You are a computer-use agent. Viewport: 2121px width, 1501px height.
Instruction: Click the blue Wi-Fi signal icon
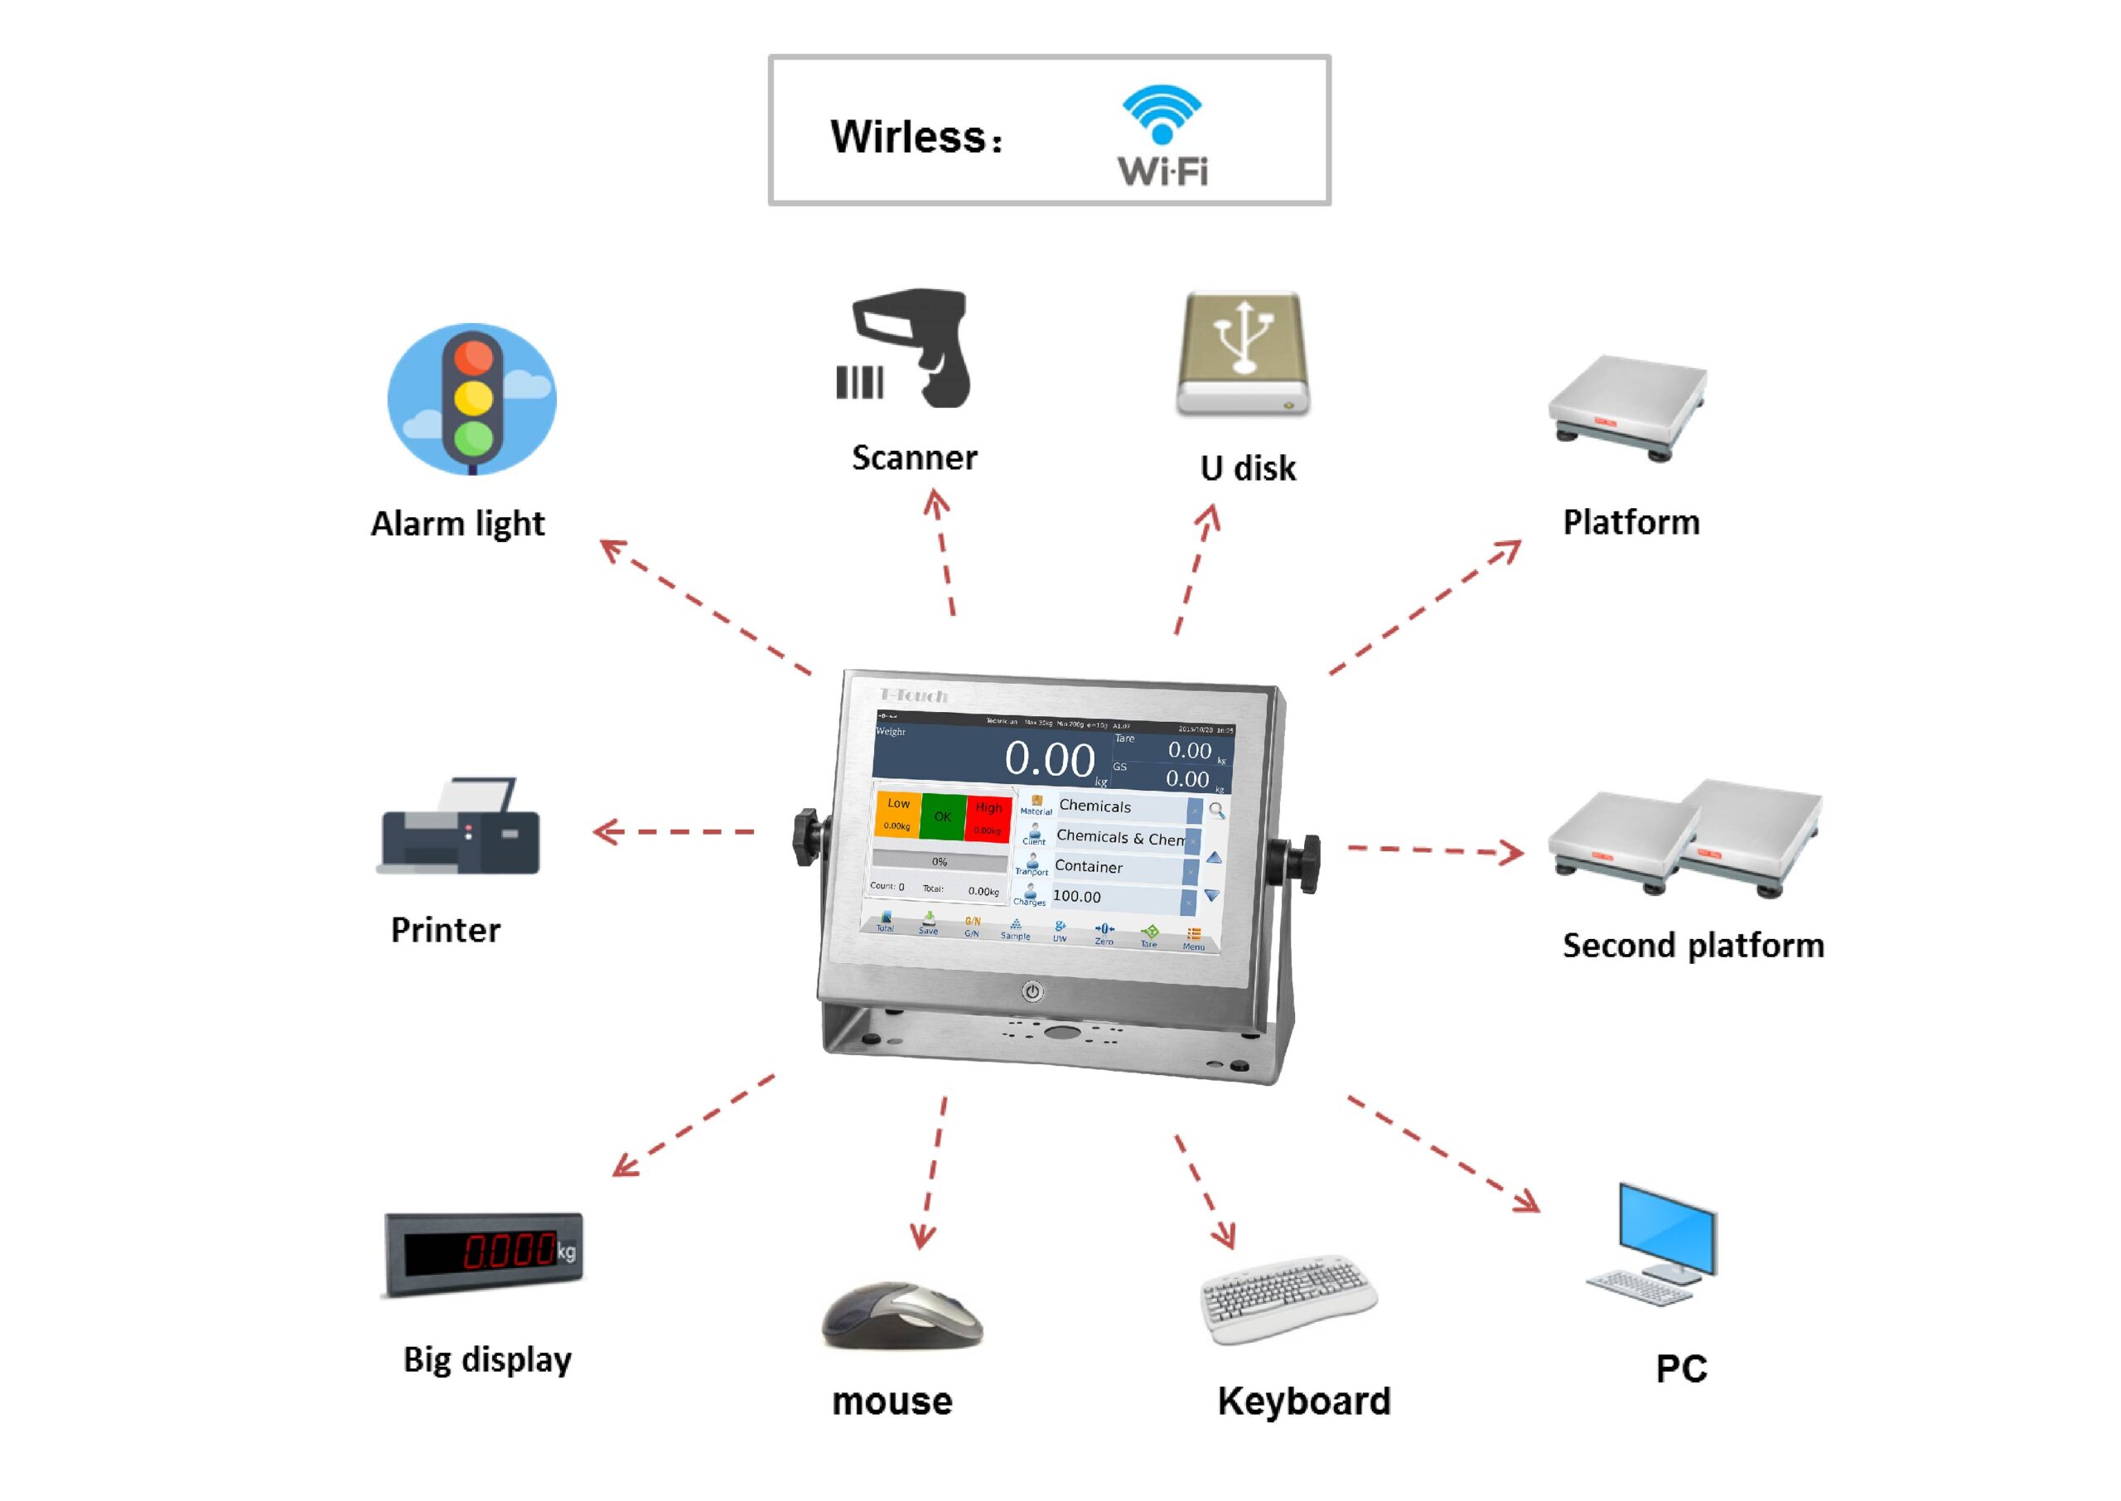tap(1162, 114)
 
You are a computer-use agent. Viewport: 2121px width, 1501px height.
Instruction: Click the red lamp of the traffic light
tap(474, 356)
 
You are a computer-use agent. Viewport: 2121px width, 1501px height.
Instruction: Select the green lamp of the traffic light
tap(474, 437)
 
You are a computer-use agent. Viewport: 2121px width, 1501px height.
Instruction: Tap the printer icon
tap(459, 826)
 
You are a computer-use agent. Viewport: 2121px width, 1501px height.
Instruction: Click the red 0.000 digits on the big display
tap(508, 1252)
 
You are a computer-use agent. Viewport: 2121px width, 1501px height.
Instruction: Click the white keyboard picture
tap(1288, 1298)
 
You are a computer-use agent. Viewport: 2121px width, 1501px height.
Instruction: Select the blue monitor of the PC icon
tap(1668, 1229)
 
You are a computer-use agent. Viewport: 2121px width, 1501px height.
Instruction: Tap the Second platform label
tap(1693, 946)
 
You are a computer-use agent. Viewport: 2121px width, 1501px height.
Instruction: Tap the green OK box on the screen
tap(942, 816)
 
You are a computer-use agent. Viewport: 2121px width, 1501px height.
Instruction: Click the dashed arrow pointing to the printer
tap(674, 832)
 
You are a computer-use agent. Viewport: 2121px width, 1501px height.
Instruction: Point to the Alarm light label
tap(457, 524)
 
